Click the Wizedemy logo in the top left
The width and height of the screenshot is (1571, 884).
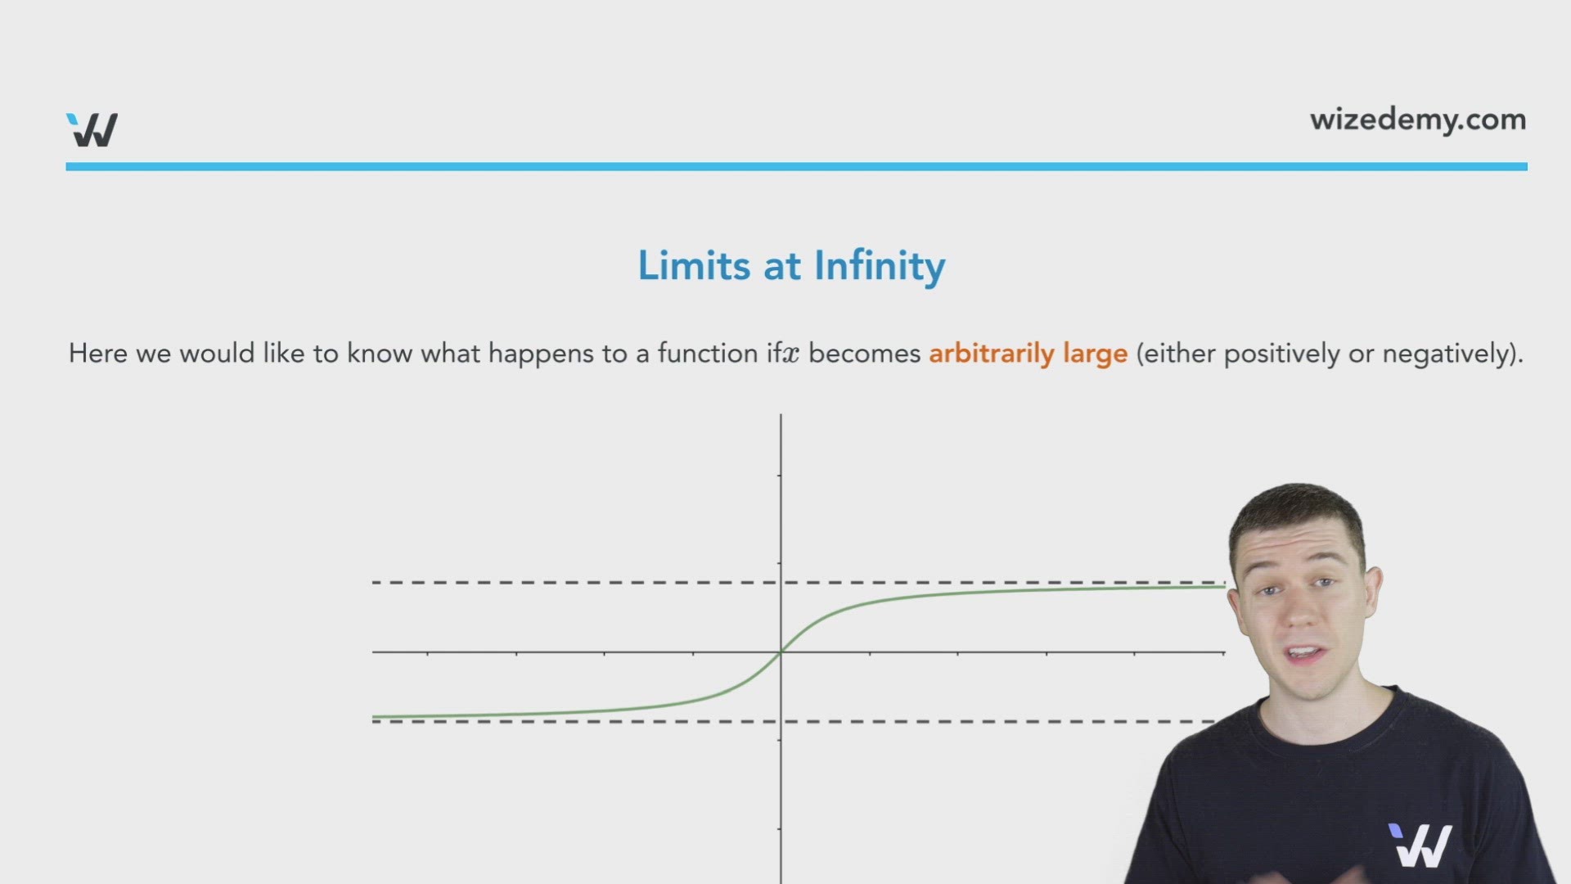coord(92,129)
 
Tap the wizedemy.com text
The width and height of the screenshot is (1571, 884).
coord(1417,120)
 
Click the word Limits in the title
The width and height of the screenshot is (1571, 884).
coord(694,266)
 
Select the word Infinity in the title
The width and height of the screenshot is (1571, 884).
coord(880,266)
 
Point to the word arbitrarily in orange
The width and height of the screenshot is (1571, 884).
coord(991,354)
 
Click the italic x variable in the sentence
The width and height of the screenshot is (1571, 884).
coord(790,354)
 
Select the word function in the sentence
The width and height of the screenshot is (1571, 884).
coord(708,354)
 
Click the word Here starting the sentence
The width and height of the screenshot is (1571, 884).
coord(98,354)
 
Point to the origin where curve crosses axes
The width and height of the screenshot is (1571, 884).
coord(781,652)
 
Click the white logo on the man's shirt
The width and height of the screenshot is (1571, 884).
coord(1420,846)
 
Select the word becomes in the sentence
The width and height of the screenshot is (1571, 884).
coord(865,354)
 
